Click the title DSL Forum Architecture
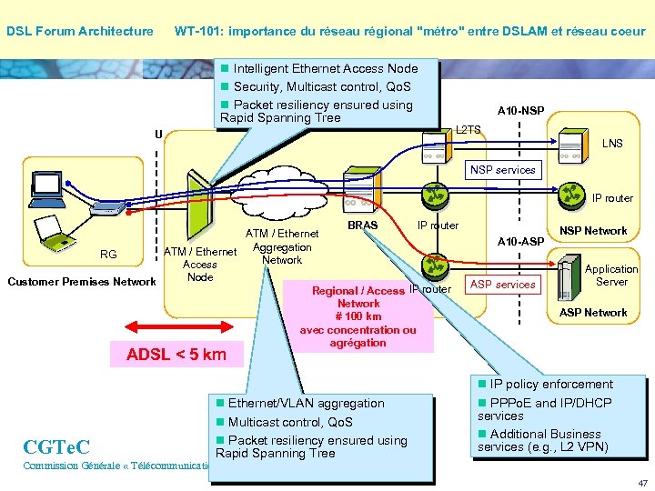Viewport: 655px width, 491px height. coord(80,32)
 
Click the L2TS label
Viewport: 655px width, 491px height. coord(469,130)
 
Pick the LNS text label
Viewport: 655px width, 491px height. coord(612,144)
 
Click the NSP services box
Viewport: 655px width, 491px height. coord(502,170)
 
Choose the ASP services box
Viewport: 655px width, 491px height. coord(502,285)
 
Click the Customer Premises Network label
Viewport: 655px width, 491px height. coord(81,282)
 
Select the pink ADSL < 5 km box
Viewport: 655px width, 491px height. coord(176,355)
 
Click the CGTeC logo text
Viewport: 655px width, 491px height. coord(56,446)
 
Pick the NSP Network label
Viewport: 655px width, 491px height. coord(593,231)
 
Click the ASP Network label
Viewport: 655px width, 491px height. coord(593,313)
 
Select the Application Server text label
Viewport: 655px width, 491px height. coord(611,276)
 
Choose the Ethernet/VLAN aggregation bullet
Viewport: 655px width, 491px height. coord(306,404)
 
